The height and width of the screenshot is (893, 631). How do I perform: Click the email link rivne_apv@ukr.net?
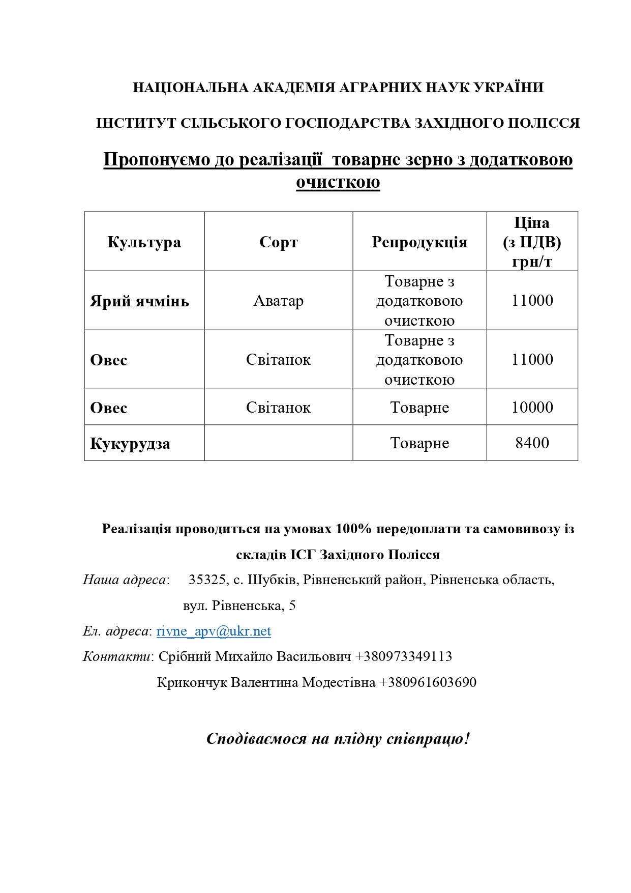(x=214, y=631)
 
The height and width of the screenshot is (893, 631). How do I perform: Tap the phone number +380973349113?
(x=403, y=656)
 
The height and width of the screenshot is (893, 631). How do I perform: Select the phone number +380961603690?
(x=428, y=682)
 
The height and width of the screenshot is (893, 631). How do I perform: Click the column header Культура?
(x=144, y=242)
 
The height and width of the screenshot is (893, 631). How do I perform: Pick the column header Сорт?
(x=278, y=242)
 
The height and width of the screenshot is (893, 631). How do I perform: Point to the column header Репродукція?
(x=419, y=242)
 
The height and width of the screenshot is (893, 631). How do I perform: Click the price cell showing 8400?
(x=532, y=443)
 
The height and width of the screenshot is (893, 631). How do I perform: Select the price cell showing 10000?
(x=532, y=408)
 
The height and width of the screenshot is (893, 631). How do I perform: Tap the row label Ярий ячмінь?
(x=139, y=301)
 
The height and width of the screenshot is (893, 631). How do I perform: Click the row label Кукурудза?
(x=130, y=444)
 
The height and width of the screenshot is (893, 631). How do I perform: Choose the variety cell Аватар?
(x=278, y=301)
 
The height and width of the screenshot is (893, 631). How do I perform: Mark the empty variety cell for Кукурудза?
(x=278, y=443)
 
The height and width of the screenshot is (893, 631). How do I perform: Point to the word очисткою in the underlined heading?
(x=338, y=182)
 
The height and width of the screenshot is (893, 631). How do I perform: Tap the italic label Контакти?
(x=116, y=656)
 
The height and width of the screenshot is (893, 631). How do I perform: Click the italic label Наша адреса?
(x=125, y=580)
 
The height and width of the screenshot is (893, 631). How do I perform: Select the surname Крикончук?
(x=192, y=682)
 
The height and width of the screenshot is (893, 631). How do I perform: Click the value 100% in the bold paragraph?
(x=353, y=529)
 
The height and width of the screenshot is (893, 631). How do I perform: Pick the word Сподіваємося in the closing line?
(x=256, y=739)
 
